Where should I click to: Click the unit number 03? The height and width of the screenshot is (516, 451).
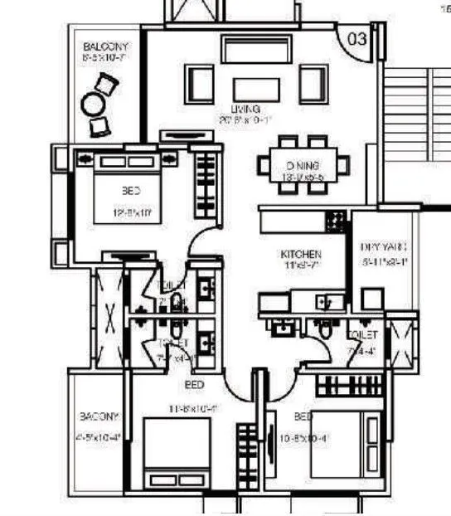pyautogui.click(x=356, y=39)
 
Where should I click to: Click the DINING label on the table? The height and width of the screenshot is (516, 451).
pyautogui.click(x=299, y=164)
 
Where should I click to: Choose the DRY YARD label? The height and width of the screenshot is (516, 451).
pyautogui.click(x=383, y=247)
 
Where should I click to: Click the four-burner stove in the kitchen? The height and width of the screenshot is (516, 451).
pyautogui.click(x=335, y=220)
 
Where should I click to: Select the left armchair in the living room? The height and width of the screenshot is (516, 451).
pyautogui.click(x=200, y=83)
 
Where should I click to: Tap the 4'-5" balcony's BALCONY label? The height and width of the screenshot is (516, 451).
pyautogui.click(x=99, y=416)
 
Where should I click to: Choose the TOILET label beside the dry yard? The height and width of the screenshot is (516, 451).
pyautogui.click(x=363, y=335)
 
